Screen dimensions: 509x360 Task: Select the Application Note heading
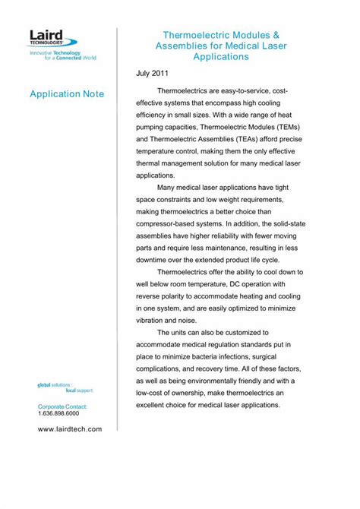tap(66, 93)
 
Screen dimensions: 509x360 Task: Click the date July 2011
tap(153, 73)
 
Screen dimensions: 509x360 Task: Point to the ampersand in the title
tap(275, 35)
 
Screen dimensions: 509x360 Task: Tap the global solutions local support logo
tap(65, 388)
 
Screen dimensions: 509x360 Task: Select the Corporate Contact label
tap(63, 408)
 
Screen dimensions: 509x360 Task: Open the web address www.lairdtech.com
tap(69, 429)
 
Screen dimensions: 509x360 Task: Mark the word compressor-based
tap(169, 224)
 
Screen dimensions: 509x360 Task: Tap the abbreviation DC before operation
tap(238, 283)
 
